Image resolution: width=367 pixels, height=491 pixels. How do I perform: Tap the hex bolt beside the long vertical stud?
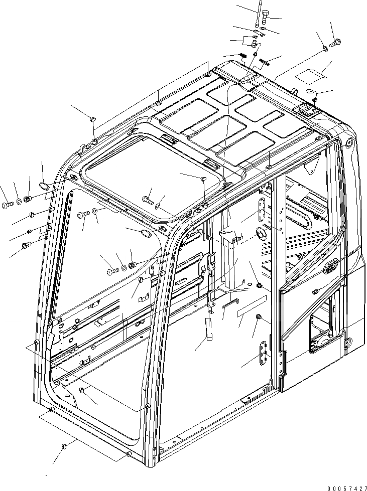(x=266, y=21)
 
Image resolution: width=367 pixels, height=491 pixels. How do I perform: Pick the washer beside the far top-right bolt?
(x=325, y=49)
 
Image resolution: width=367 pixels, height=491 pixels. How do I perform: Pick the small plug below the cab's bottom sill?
(x=63, y=445)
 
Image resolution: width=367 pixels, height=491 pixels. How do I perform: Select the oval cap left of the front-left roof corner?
(x=45, y=187)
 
